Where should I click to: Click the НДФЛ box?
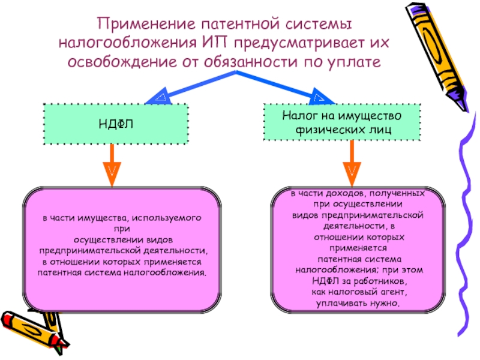[x=115, y=124]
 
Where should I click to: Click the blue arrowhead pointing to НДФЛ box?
[x=158, y=95]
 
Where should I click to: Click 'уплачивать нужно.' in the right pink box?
[x=358, y=304]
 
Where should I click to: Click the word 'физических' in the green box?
[x=326, y=128]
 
